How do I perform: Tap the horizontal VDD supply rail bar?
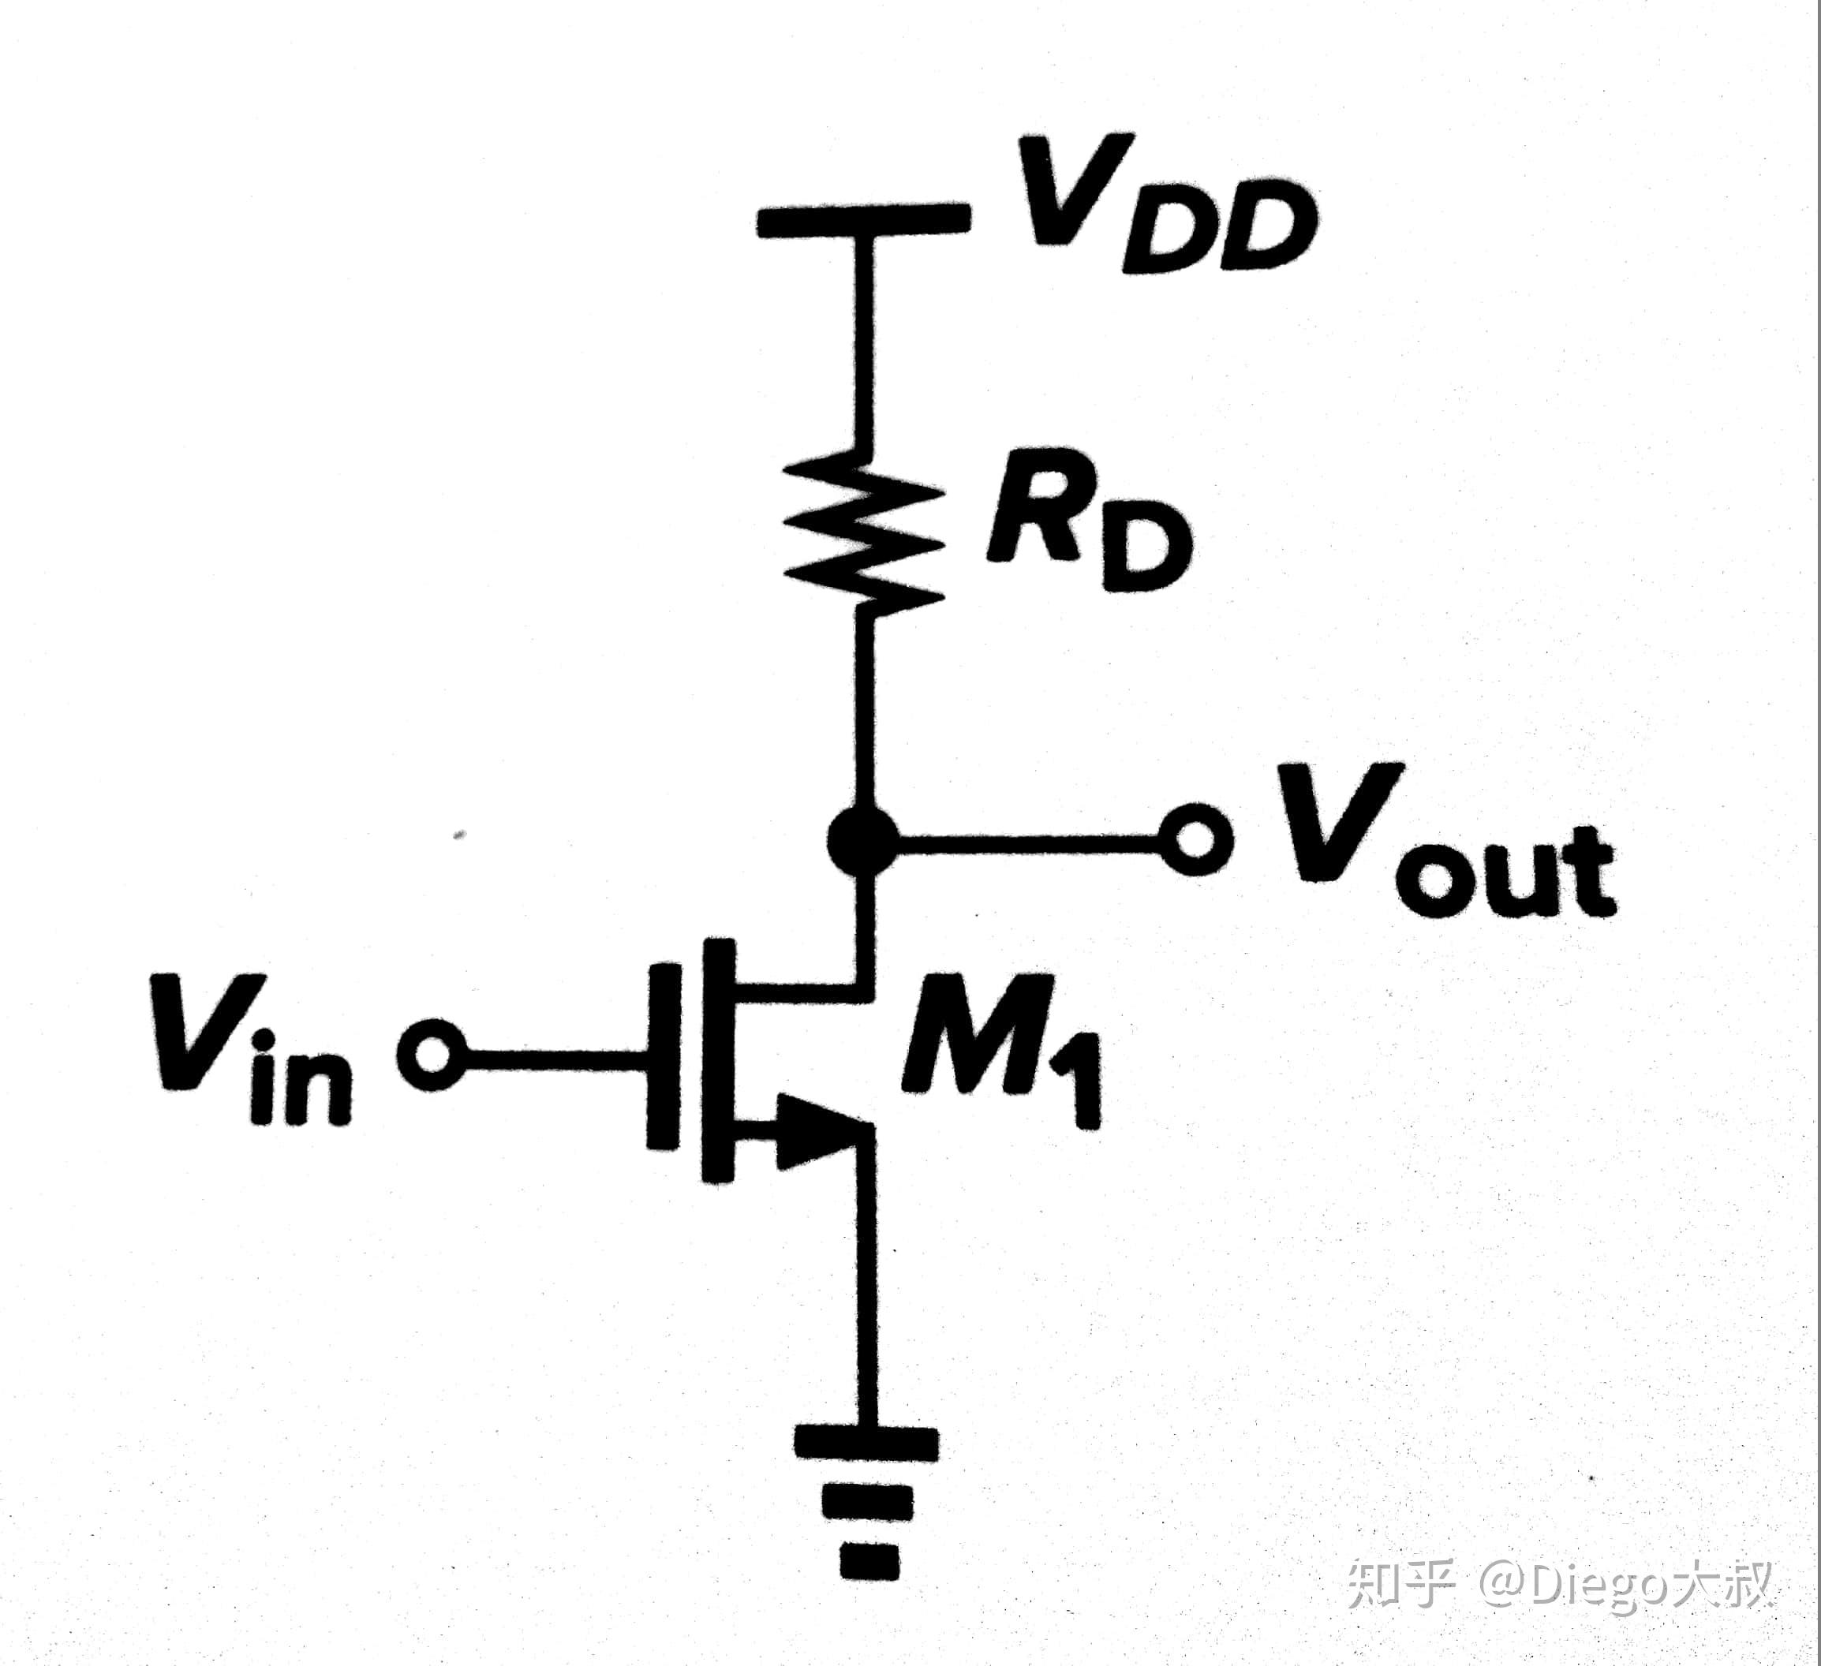(x=863, y=219)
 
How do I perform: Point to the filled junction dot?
(x=862, y=840)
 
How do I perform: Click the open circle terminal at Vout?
(x=1197, y=840)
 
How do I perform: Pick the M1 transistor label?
(x=1003, y=1052)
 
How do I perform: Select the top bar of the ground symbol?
(x=866, y=1441)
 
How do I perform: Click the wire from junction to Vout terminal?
(x=1030, y=842)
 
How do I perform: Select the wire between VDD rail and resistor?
(x=865, y=343)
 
